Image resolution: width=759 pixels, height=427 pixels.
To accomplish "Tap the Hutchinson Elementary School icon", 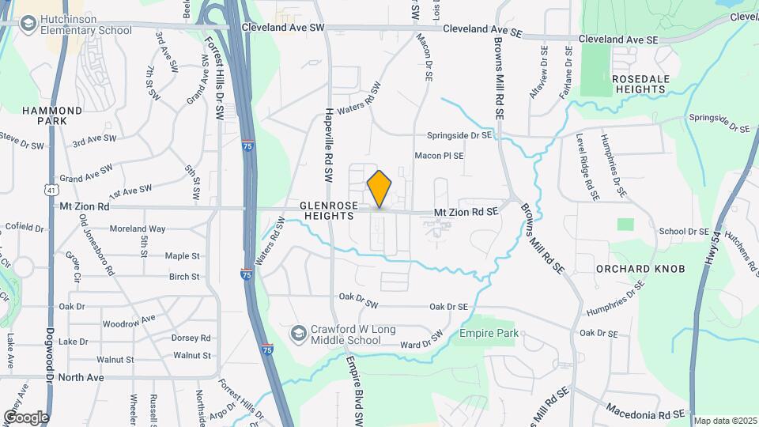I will (29, 25).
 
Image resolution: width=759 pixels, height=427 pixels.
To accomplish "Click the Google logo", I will (26, 417).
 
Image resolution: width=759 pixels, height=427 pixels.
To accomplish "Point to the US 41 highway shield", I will (51, 191).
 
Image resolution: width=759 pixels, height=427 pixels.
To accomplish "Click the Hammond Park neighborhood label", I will (52, 116).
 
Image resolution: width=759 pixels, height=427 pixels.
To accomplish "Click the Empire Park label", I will (489, 333).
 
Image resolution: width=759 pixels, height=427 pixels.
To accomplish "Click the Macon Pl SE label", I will (440, 156).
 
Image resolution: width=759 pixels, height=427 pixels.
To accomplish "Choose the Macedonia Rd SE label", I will (645, 412).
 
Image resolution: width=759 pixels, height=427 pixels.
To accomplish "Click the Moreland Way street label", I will (138, 229).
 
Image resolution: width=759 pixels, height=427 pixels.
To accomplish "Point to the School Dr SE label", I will (685, 232).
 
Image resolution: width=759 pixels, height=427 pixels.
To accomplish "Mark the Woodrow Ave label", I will (129, 323).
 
